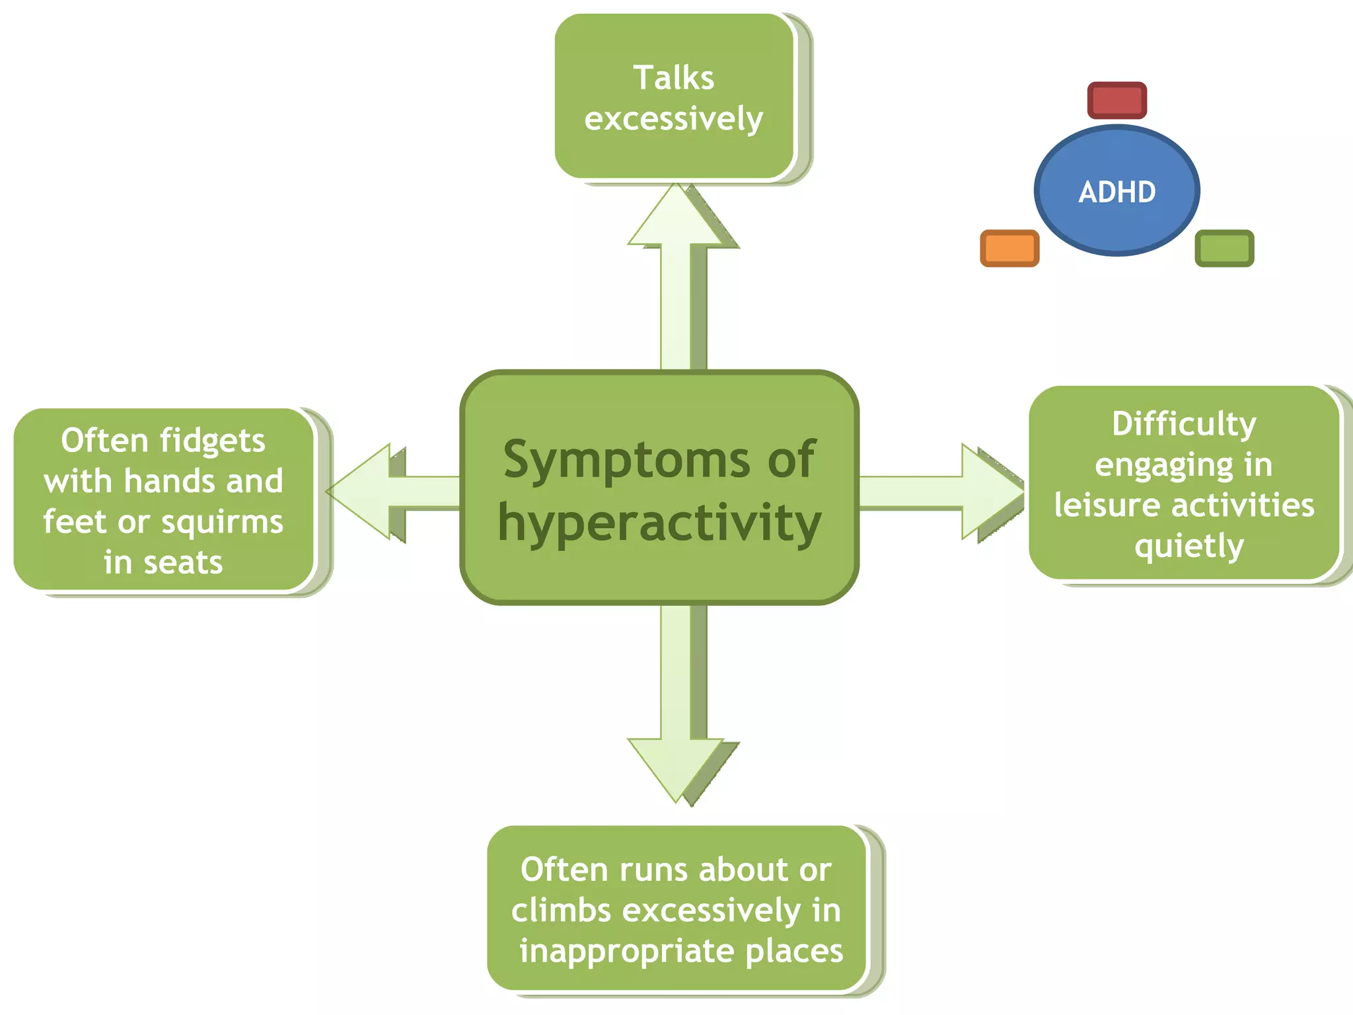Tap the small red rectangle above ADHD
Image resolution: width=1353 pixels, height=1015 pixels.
(1116, 100)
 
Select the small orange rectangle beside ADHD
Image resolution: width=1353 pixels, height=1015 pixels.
(1009, 248)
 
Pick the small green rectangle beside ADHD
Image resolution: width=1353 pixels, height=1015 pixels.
(1224, 248)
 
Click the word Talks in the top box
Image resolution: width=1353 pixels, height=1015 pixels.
(674, 78)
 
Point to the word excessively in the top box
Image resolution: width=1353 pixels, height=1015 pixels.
(674, 119)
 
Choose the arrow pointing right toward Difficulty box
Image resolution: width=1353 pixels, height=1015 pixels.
(945, 492)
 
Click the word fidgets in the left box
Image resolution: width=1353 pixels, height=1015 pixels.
(212, 441)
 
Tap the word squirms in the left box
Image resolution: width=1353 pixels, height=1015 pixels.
(222, 522)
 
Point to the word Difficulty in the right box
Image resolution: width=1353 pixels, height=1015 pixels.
(1184, 424)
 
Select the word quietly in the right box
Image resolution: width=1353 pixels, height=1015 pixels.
(1189, 546)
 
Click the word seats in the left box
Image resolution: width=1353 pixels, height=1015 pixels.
(183, 563)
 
